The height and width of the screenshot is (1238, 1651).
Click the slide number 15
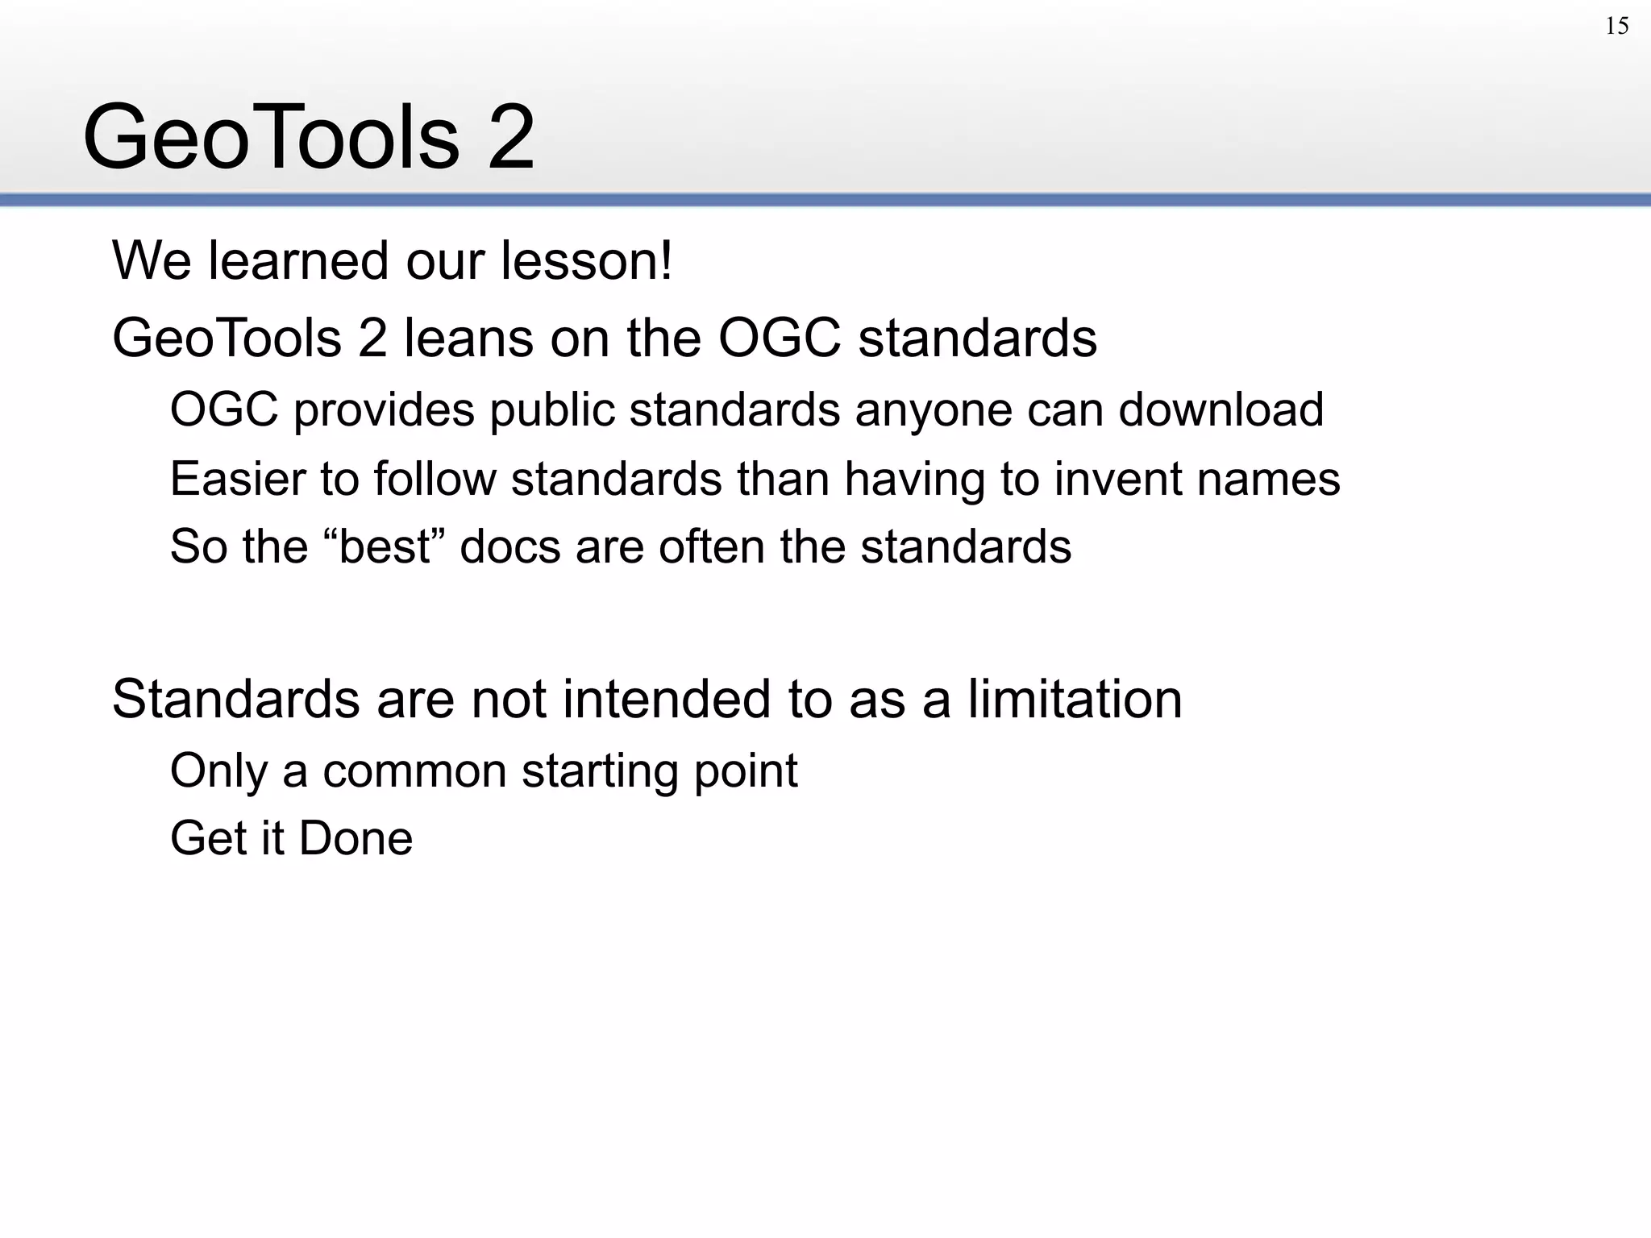[1616, 27]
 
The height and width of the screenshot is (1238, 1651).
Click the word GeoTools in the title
[271, 137]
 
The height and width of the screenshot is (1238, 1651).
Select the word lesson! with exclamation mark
[586, 261]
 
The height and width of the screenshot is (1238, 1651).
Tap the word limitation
[1074, 699]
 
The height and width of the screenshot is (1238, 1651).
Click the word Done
[356, 838]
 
